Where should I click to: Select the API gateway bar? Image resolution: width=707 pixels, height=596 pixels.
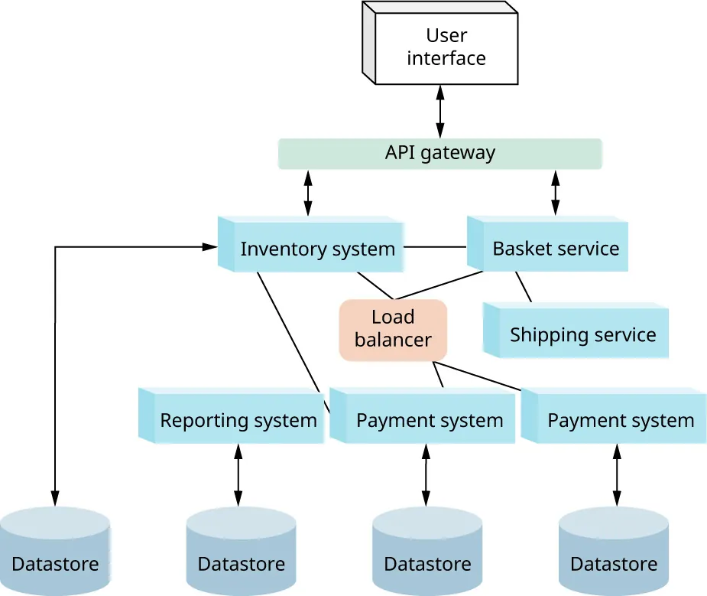tap(439, 153)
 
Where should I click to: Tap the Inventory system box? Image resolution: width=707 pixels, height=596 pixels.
tap(313, 248)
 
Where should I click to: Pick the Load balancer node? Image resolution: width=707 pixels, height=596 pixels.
tap(393, 329)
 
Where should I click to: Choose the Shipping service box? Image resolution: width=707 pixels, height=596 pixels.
tap(581, 334)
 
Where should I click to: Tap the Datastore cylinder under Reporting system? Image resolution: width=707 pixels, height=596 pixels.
tap(241, 551)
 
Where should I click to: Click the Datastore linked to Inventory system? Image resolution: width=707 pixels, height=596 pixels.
tap(55, 551)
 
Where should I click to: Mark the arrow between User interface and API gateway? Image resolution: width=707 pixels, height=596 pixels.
tap(439, 111)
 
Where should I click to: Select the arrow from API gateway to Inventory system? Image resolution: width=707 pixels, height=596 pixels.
tap(308, 192)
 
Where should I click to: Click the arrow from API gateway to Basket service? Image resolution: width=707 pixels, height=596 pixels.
tap(555, 192)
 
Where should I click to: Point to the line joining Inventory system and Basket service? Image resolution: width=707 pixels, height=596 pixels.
tap(435, 247)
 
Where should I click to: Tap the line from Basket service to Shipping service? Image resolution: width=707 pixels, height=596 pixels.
tap(524, 287)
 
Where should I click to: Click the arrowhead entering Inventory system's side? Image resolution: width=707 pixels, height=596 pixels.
tap(210, 247)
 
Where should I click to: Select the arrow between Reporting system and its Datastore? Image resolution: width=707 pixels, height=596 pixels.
tap(238, 474)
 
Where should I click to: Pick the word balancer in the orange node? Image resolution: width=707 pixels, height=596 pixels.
tap(393, 340)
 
